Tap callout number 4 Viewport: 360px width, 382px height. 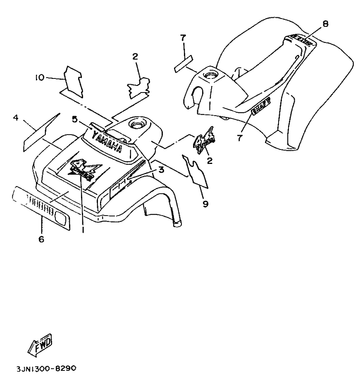16,118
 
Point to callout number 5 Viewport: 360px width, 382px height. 74,119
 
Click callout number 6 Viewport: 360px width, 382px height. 41,239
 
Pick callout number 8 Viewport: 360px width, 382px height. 326,24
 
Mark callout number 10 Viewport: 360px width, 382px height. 39,77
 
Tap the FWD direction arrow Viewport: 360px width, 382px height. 40,344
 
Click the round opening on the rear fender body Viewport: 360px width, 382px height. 211,76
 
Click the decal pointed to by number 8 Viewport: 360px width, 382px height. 300,40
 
